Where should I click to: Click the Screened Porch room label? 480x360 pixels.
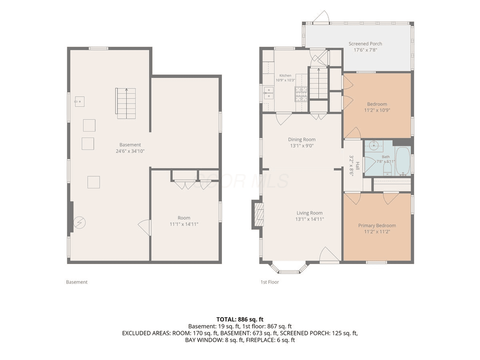click(x=365, y=44)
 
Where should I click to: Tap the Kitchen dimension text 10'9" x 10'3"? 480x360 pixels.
click(x=285, y=80)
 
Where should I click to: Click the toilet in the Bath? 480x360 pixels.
click(x=387, y=169)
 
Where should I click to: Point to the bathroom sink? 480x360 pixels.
click(x=374, y=145)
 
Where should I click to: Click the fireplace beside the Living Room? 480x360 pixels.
click(x=258, y=214)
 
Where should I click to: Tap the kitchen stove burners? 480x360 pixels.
click(x=301, y=94)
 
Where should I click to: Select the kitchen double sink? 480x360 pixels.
click(x=268, y=93)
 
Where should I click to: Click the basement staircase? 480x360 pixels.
click(x=126, y=103)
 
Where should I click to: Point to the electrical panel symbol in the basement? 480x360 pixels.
click(x=79, y=222)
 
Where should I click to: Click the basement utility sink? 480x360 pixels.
click(x=80, y=102)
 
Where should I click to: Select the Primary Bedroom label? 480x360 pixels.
click(x=377, y=226)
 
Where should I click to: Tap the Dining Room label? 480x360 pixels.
click(x=302, y=140)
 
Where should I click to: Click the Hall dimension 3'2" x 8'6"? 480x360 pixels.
click(x=351, y=166)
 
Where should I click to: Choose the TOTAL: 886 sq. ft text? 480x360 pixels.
click(x=240, y=319)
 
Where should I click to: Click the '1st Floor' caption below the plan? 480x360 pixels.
click(x=270, y=282)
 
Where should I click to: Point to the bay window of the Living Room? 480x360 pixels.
click(x=289, y=268)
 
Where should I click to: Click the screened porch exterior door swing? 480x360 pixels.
click(x=321, y=16)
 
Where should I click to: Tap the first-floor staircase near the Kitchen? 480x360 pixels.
click(x=318, y=83)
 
